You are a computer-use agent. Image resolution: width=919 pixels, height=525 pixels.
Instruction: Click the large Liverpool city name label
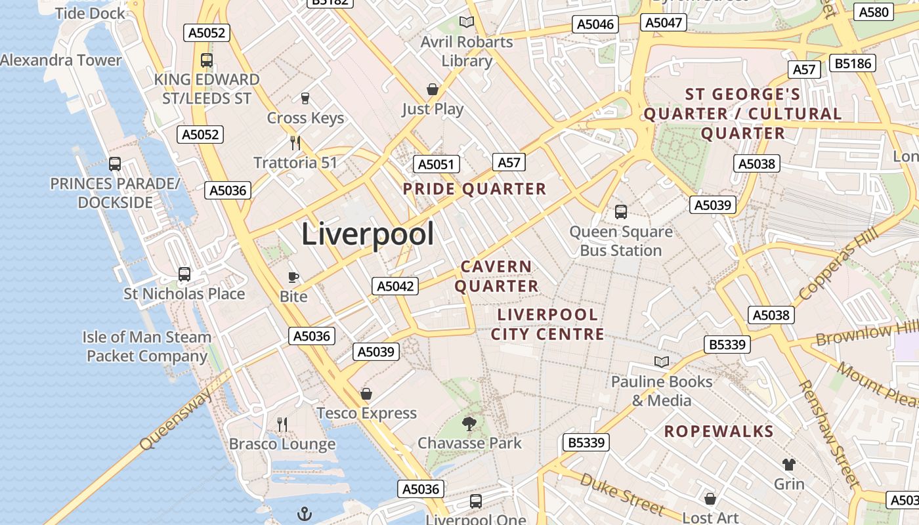point(368,234)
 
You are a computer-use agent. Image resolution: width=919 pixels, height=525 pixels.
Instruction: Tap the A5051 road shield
point(437,164)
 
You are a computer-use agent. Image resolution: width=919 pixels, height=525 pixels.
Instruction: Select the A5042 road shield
point(395,286)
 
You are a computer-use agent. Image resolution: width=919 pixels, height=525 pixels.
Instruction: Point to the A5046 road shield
point(595,25)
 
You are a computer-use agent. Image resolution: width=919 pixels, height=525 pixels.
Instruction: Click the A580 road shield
point(874,12)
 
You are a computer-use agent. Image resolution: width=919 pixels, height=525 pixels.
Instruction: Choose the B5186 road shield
point(853,63)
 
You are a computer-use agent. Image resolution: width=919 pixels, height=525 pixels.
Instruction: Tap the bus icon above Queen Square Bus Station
point(621,212)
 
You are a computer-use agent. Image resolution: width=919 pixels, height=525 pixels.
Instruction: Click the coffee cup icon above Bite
point(293,277)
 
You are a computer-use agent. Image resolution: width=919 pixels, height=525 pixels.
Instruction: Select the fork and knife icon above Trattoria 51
point(295,142)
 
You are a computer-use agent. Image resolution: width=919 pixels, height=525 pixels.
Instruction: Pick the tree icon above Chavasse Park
point(469,423)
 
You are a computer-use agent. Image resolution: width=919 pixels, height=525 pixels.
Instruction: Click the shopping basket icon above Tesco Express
point(366,394)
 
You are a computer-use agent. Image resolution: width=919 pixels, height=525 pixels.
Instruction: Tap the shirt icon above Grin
point(788,465)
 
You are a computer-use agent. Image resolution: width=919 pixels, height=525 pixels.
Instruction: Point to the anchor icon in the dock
point(304,513)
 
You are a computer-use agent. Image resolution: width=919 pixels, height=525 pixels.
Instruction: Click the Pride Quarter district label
point(474,189)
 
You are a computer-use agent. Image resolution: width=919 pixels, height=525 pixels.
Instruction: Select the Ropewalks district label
point(719,431)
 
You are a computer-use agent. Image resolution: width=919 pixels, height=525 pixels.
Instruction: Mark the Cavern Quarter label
point(496,276)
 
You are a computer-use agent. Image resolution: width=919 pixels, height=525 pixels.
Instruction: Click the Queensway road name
point(177,419)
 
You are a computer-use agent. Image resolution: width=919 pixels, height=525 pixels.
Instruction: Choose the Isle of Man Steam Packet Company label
point(148,346)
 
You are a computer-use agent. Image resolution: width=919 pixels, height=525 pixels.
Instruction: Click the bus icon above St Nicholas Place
point(184,274)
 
